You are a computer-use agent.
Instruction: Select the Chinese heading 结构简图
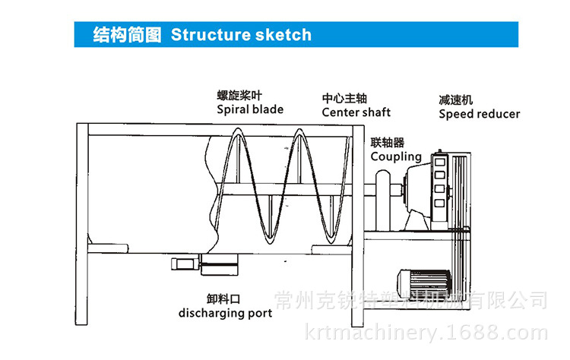coord(127,35)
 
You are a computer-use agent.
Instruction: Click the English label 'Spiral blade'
coord(250,109)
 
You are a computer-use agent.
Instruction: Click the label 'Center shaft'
coord(356,112)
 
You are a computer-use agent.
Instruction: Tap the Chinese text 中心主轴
coord(344,99)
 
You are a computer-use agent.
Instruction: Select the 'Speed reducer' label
coord(480,114)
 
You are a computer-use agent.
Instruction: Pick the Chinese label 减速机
coord(456,99)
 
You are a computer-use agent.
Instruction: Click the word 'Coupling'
coord(396,156)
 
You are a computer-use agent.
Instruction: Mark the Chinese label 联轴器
coord(388,142)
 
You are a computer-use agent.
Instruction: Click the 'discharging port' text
coord(225,313)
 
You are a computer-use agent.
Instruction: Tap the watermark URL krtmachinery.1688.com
coord(425,333)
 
